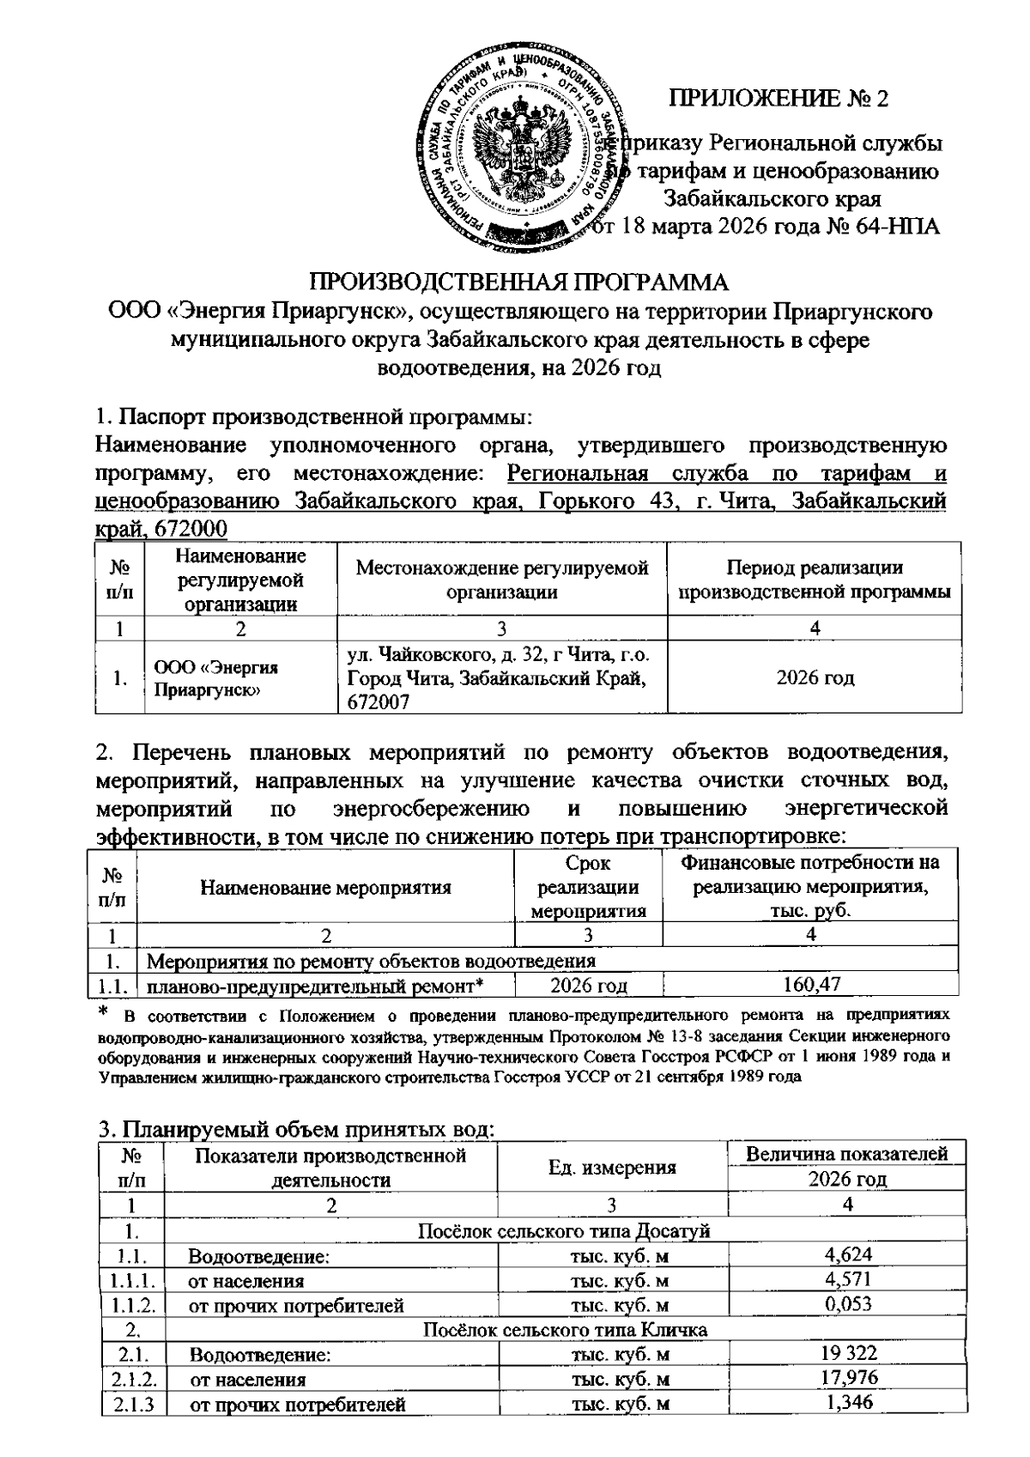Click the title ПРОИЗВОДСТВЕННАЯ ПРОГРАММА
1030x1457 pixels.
tap(518, 282)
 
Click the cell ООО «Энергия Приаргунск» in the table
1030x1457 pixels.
tap(215, 678)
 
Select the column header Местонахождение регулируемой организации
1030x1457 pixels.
tap(502, 580)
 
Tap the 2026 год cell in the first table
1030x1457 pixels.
tap(815, 678)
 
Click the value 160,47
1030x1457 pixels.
tap(812, 984)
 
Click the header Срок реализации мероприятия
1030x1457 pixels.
tap(588, 887)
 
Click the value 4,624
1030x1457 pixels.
tap(847, 1256)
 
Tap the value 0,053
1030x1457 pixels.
tap(847, 1304)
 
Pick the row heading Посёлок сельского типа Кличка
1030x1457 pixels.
tap(566, 1330)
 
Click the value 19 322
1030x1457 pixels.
tap(847, 1354)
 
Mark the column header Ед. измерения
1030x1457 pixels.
tap(612, 1168)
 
